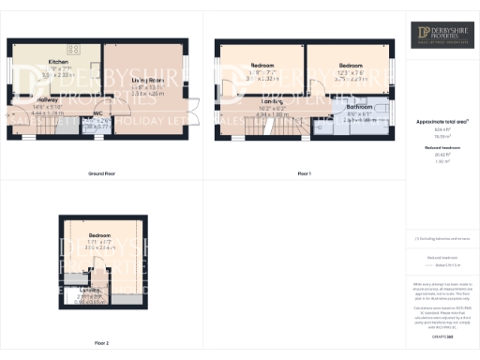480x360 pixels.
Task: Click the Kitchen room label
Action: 59,63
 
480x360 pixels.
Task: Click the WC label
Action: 97,114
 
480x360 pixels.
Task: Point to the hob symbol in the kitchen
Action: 74,48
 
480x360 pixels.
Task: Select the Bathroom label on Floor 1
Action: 361,107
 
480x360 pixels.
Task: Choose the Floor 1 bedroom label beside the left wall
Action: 263,65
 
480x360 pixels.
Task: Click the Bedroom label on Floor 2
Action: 99,235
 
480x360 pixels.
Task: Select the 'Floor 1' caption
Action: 303,174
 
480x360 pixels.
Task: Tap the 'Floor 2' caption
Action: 101,343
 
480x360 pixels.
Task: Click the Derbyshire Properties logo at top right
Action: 443,37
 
